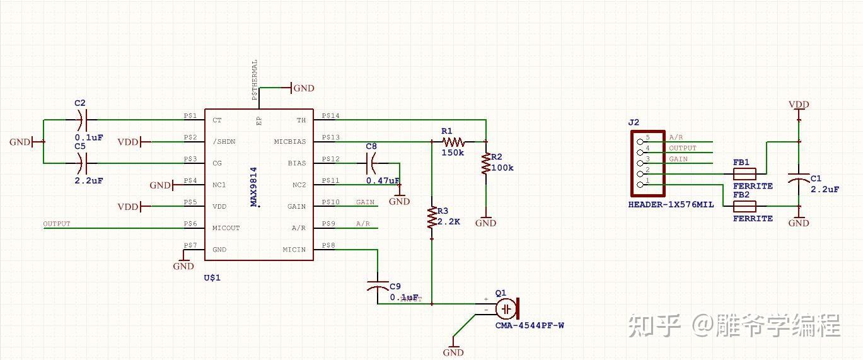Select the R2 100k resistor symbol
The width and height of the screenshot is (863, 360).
(485, 163)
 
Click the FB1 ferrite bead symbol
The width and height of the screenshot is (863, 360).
(744, 173)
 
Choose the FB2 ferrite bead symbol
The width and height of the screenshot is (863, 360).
(744, 206)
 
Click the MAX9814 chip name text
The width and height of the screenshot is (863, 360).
(254, 186)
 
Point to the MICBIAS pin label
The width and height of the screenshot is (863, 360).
(290, 142)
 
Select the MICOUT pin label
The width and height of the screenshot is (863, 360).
(226, 228)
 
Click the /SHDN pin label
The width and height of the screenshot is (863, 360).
(224, 142)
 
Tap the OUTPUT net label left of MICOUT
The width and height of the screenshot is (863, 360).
(57, 224)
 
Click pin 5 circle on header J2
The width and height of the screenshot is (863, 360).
(640, 142)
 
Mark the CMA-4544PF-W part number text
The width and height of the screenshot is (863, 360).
(530, 325)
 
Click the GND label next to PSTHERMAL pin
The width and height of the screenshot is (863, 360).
(303, 88)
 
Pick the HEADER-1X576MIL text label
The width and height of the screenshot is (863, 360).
(671, 205)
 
